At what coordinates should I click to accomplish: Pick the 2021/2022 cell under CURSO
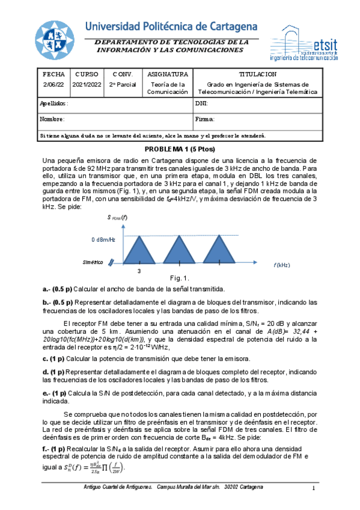point(87,85)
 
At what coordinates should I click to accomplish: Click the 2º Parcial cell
point(123,85)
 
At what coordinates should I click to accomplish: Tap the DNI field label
point(201,103)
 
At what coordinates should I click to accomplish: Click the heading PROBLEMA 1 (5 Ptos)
point(180,149)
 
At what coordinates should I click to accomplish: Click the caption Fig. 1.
point(180,278)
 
